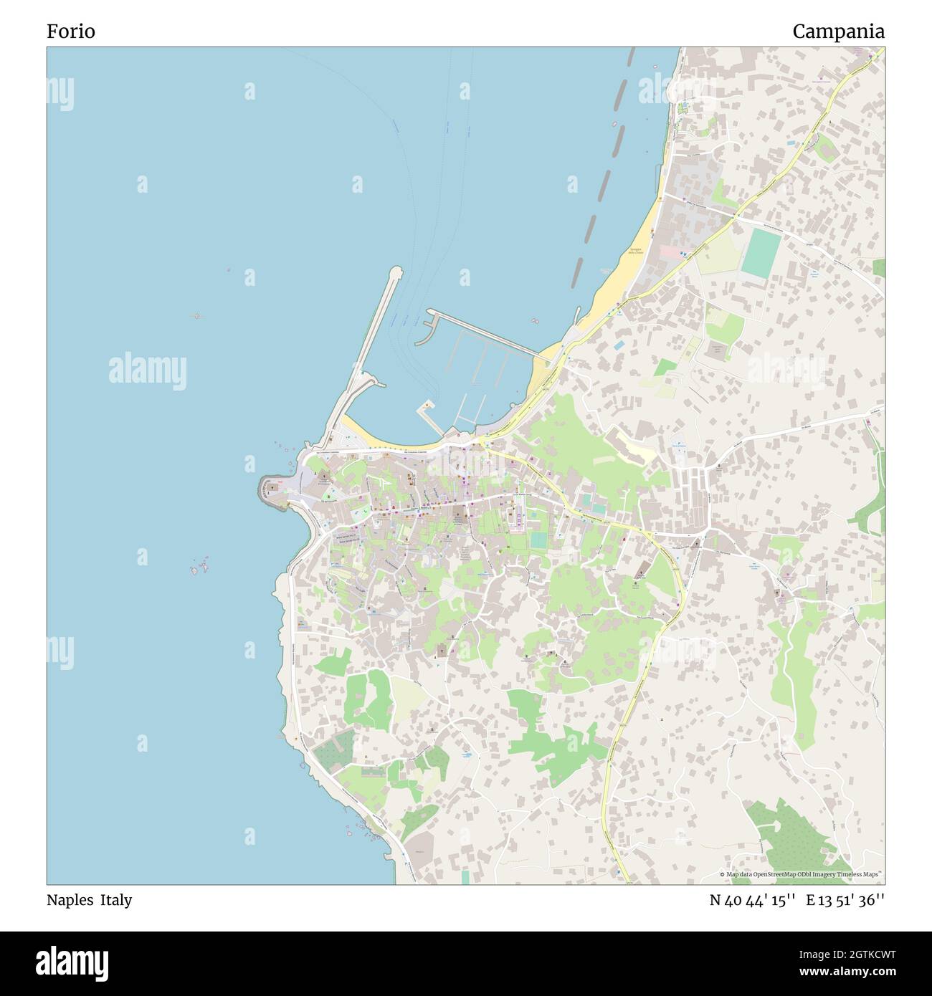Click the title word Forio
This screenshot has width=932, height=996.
[71, 32]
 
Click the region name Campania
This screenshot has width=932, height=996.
[838, 32]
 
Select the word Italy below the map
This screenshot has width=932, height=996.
[116, 900]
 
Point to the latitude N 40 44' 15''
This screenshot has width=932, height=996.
[753, 900]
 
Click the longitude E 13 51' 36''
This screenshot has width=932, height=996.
[845, 900]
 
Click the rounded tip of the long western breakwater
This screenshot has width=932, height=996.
[396, 273]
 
